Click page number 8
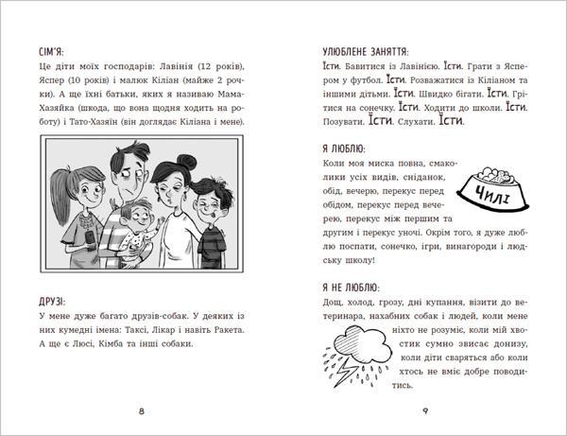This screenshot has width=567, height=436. pos(141,410)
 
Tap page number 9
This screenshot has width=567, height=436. pos(426,410)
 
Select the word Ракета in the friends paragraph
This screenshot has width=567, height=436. pos(224,329)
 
